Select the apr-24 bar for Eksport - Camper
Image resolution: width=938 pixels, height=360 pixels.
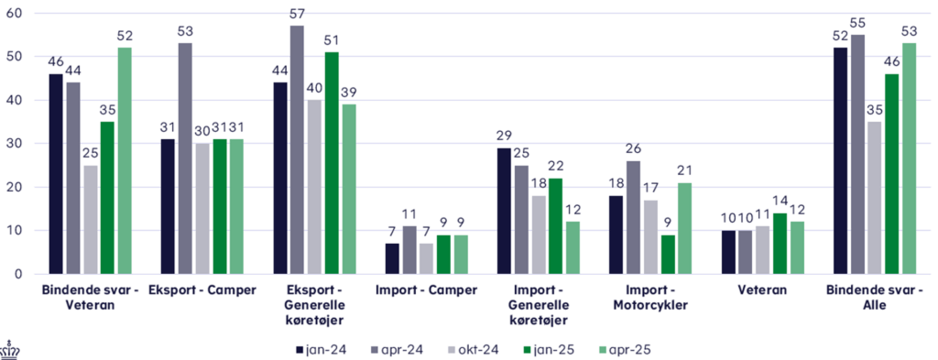[x=185, y=158]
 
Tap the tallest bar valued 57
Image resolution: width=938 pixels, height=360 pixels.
[x=298, y=149]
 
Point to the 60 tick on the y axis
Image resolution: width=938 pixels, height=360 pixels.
[x=16, y=14]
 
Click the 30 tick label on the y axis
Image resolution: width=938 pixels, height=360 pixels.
[x=16, y=144]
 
